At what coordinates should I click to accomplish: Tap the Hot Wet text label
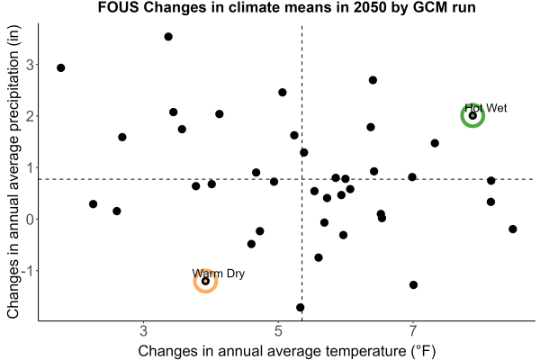486,108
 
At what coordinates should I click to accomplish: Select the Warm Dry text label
219,274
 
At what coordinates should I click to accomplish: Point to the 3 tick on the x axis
144,330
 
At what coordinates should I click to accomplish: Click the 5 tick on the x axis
278,330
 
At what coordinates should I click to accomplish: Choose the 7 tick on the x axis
412,330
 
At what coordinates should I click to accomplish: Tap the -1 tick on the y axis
28,271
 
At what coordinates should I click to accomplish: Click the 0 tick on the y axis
31,219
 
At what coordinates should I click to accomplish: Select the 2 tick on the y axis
31,116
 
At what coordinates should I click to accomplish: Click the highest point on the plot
168,37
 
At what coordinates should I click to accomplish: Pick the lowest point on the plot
301,307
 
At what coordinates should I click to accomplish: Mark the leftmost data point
61,67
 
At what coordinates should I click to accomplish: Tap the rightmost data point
513,229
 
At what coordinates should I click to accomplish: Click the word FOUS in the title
118,7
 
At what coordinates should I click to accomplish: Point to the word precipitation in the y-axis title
14,100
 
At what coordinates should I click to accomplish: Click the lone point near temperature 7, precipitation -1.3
414,285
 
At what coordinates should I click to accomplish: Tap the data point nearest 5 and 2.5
283,93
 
